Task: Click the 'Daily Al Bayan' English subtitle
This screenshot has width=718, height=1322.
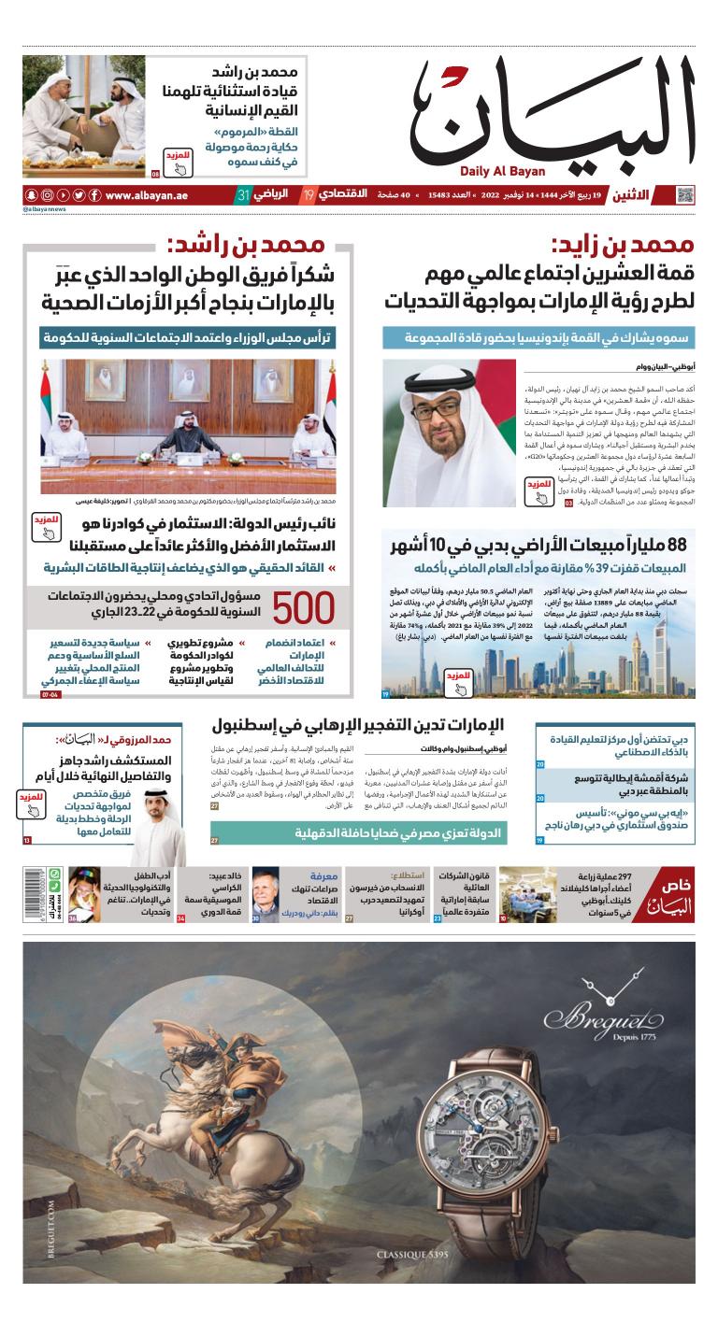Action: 502,171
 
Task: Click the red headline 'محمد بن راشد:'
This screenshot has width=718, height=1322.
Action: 247,246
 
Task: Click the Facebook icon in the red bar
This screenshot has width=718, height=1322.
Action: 94,195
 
